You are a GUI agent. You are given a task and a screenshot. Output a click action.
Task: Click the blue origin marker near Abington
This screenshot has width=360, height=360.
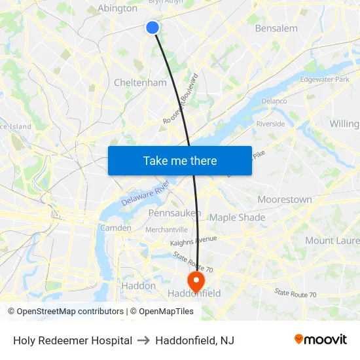[x=153, y=27]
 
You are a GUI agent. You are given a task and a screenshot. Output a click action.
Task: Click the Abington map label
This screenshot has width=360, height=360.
[x=117, y=9]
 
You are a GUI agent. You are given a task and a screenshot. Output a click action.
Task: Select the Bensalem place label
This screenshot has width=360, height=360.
[x=276, y=28]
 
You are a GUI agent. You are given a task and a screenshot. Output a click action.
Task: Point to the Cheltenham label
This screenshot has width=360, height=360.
[x=140, y=82]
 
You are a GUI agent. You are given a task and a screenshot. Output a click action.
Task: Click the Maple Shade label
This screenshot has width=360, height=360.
[x=237, y=217]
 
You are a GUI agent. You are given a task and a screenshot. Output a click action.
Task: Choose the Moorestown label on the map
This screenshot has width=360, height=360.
[x=285, y=199]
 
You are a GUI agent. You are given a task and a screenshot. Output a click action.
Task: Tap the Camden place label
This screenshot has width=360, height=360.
[x=115, y=228]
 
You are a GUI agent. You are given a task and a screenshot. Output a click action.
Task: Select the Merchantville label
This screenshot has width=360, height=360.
[x=166, y=229]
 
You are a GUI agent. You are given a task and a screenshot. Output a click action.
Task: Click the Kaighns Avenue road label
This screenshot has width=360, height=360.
[x=193, y=241]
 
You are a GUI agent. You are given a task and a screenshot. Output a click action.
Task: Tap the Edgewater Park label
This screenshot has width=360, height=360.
[x=324, y=79]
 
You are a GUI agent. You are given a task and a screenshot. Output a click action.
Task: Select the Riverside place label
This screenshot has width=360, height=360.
[x=270, y=124]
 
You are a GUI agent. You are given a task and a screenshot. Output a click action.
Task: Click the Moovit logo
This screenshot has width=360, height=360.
[x=320, y=340]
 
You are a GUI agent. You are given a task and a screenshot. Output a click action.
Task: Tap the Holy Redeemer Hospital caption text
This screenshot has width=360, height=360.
[x=73, y=340]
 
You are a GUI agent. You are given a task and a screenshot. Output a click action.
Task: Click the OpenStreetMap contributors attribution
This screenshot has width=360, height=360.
[x=65, y=312]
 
